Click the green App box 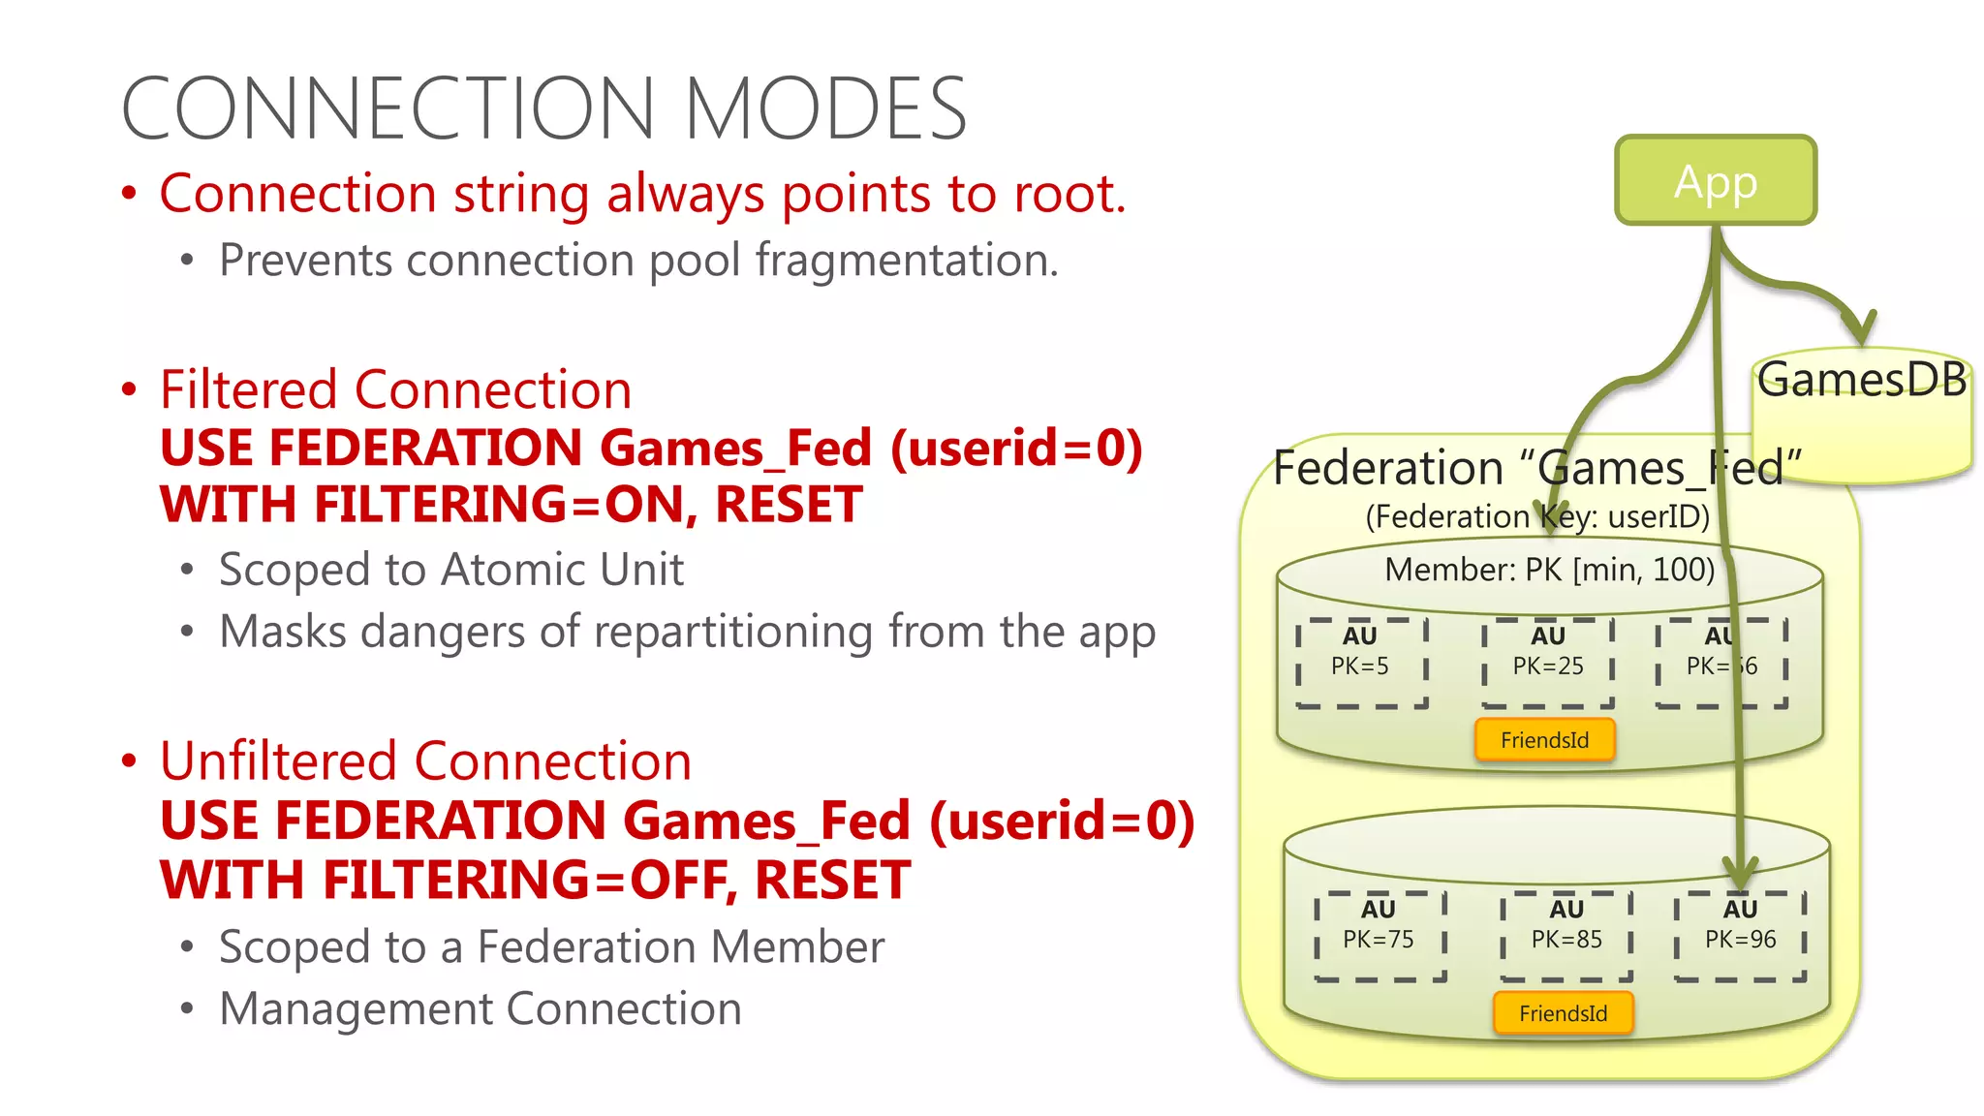1715,181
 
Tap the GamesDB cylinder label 1861,380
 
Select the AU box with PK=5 1360,663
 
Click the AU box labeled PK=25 1547,663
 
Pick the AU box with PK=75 1379,936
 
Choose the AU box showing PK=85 1565,936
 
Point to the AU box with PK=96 1740,936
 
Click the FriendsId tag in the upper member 1544,740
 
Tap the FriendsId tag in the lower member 1563,1013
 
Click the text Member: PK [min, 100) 1549,570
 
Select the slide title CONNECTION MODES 544,108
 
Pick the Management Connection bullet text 480,1008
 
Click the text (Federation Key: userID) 1537,516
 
